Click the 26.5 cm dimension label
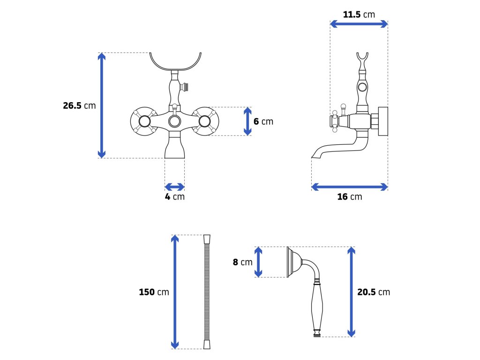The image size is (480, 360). (79, 105)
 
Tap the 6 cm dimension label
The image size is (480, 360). (263, 121)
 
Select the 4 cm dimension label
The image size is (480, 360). (174, 196)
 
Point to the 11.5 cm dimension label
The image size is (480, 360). (359, 14)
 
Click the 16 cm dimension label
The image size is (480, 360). (349, 196)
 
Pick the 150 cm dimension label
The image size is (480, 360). (154, 292)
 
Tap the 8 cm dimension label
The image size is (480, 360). (242, 262)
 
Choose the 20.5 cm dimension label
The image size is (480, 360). (373, 292)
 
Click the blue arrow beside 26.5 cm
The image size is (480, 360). (101, 105)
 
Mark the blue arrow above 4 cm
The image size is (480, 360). (174, 186)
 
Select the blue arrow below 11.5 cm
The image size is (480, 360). (359, 24)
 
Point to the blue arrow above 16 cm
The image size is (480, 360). (349, 187)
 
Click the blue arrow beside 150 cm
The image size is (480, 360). (175, 292)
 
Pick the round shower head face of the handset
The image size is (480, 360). (289, 262)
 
